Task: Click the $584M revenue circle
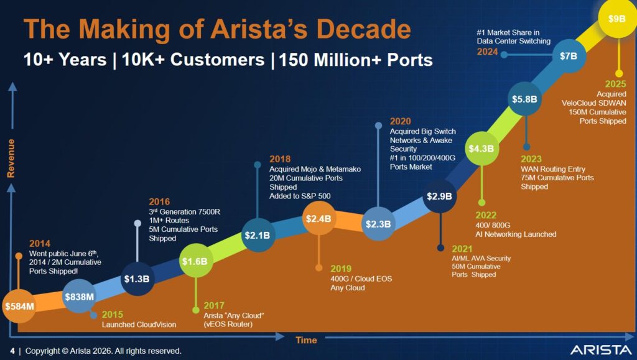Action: (19, 306)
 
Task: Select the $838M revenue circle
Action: (79, 297)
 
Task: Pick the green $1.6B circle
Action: (195, 262)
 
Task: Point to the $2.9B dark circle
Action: (440, 196)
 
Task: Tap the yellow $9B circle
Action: (618, 19)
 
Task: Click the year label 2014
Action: (40, 244)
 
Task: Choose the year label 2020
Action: (400, 121)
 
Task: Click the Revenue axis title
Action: (11, 159)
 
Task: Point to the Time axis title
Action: (305, 340)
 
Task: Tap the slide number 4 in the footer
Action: (12, 351)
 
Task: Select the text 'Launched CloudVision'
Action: (139, 325)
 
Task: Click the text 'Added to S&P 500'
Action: (300, 196)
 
